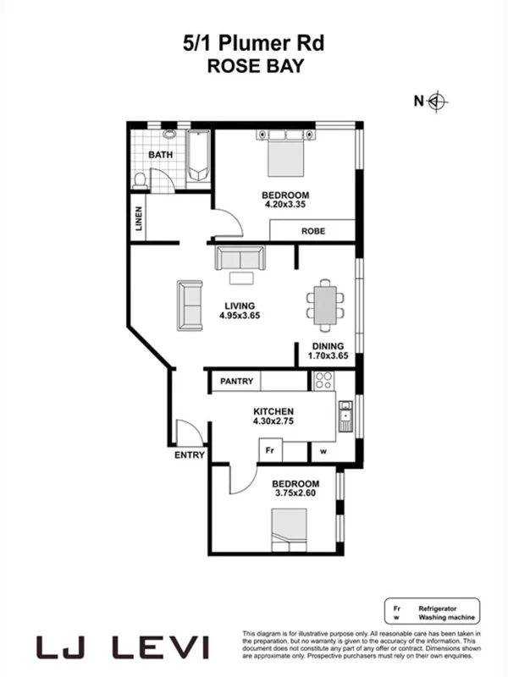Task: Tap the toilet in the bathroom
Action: pyautogui.click(x=141, y=179)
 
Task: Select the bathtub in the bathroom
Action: pyautogui.click(x=199, y=157)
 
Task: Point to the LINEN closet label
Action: pyautogui.click(x=139, y=219)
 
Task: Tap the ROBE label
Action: pyautogui.click(x=314, y=230)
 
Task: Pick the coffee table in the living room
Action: pyautogui.click(x=240, y=278)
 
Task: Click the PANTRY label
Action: pyautogui.click(x=237, y=382)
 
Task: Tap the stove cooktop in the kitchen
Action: pyautogui.click(x=323, y=381)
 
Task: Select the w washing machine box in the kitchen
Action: pyautogui.click(x=323, y=452)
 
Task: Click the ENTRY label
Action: pyautogui.click(x=190, y=455)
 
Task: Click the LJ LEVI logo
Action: pyautogui.click(x=124, y=647)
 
